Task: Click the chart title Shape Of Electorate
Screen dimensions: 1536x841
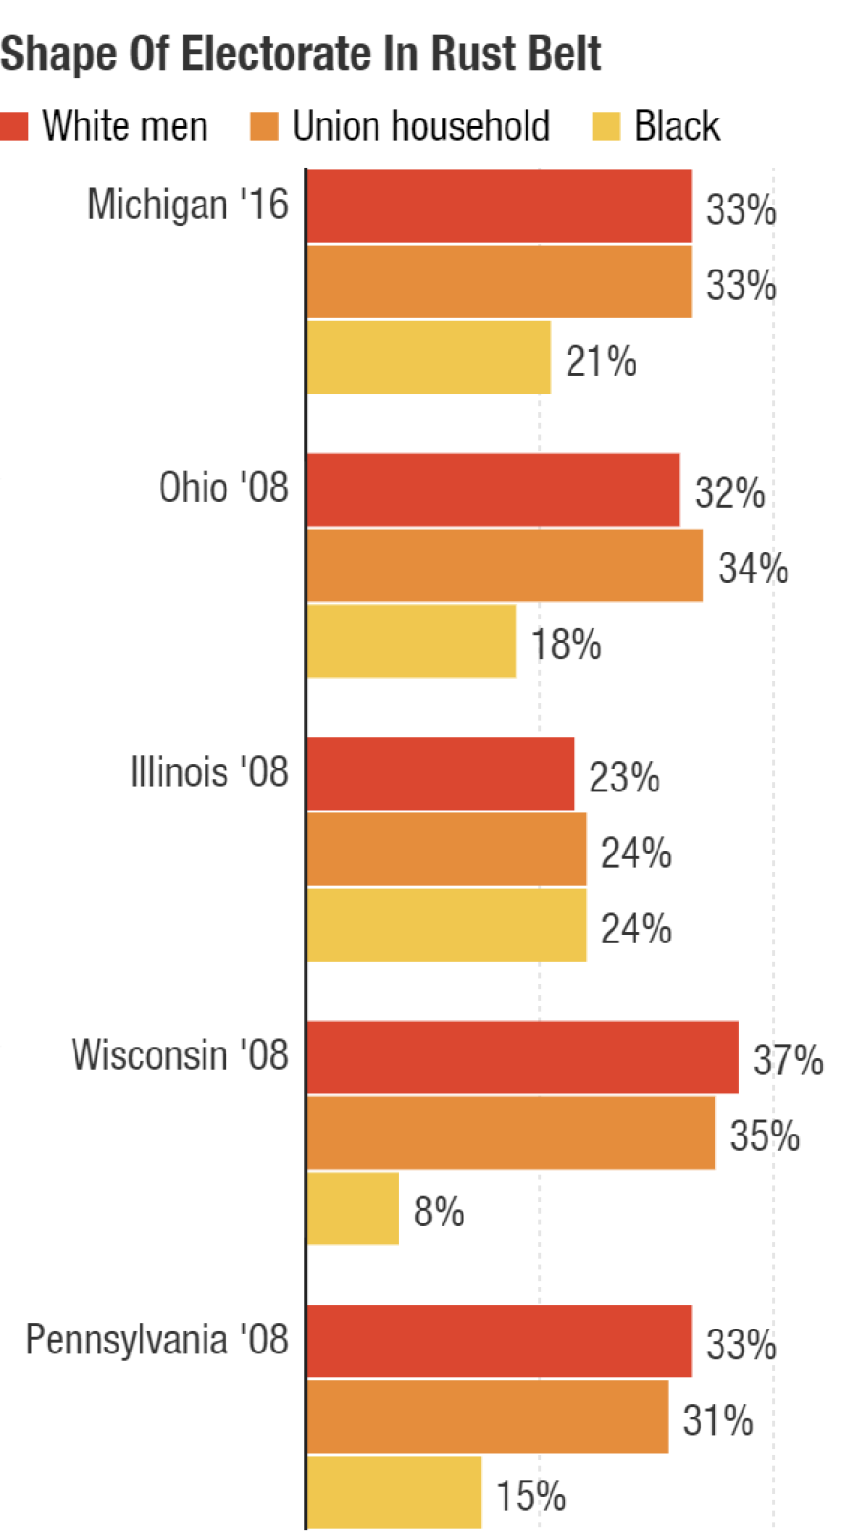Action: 300,54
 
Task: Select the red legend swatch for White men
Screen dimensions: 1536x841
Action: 14,126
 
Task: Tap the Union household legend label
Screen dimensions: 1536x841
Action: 420,126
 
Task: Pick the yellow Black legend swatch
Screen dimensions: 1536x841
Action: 606,126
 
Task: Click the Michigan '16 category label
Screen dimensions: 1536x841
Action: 187,205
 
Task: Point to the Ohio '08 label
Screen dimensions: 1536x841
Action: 223,488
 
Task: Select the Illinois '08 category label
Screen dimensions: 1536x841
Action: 208,772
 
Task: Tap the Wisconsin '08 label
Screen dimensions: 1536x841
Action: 180,1056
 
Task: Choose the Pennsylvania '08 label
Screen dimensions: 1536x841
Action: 157,1340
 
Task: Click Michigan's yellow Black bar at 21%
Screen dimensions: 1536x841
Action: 428,357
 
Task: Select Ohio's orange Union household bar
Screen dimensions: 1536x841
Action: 505,566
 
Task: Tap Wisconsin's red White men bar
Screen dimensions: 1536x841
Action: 522,1057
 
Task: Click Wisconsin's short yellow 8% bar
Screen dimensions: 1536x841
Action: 353,1209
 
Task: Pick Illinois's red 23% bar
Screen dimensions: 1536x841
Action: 440,773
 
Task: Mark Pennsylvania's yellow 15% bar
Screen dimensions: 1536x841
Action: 393,1492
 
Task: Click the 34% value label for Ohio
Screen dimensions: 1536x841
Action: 753,569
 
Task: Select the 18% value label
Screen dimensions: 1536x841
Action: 566,645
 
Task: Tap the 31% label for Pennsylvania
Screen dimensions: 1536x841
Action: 718,1421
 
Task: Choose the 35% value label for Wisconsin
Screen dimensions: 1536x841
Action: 765,1136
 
